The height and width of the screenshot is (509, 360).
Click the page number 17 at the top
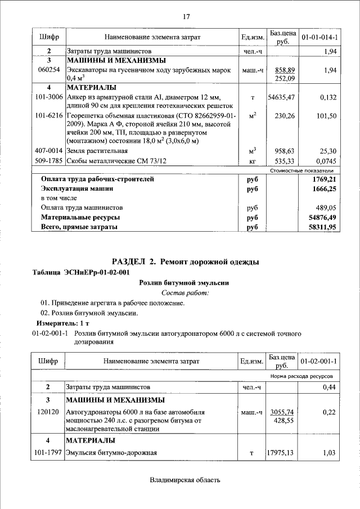coord(186,16)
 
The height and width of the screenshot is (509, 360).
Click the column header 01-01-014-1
coord(319,37)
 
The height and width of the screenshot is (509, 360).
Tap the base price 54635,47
coord(281,97)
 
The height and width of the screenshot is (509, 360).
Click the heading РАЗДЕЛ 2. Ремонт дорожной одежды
coord(185,262)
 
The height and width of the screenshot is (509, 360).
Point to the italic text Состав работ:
coord(185,293)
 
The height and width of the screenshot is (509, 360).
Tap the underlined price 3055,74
coord(282,412)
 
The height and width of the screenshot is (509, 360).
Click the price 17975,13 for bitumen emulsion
coord(281,452)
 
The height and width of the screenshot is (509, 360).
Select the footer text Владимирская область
coord(185,480)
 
